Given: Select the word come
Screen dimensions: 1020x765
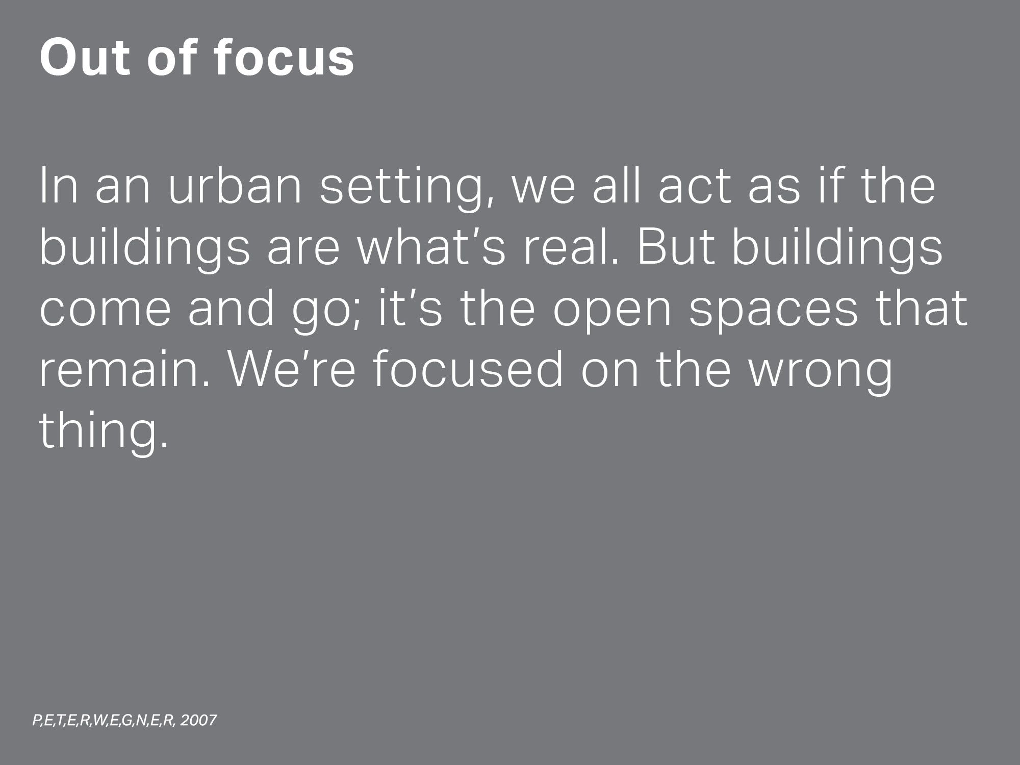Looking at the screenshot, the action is click(105, 312).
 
